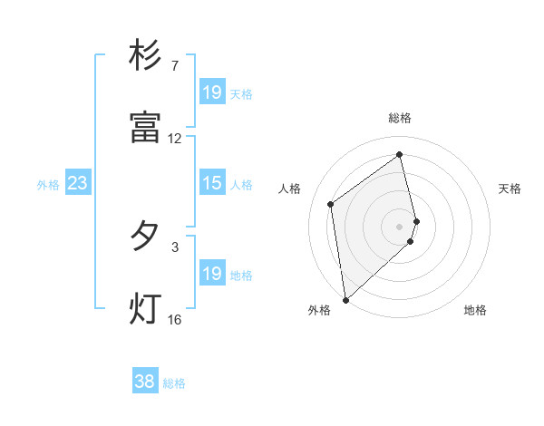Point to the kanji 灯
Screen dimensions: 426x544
pos(145,308)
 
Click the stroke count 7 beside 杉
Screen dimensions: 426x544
pos(175,66)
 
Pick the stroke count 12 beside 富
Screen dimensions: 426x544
pos(175,139)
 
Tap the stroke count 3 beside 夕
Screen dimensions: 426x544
pos(175,246)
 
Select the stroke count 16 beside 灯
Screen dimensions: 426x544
pos(175,319)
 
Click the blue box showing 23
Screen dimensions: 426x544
pos(77,184)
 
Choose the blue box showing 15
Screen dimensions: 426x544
pos(211,184)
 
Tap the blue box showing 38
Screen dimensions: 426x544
pos(145,382)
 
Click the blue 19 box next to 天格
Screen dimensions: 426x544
pos(211,92)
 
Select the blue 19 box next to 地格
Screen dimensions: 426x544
pos(211,275)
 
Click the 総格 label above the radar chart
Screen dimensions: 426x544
pos(400,118)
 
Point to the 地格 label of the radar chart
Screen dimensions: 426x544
pos(475,310)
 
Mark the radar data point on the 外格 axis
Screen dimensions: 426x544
pos(345,299)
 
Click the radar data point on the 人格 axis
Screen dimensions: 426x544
pos(331,204)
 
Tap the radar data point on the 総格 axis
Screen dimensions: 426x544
pos(400,154)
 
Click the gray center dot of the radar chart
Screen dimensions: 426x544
pos(400,226)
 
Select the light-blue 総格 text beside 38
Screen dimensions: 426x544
pos(174,383)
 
